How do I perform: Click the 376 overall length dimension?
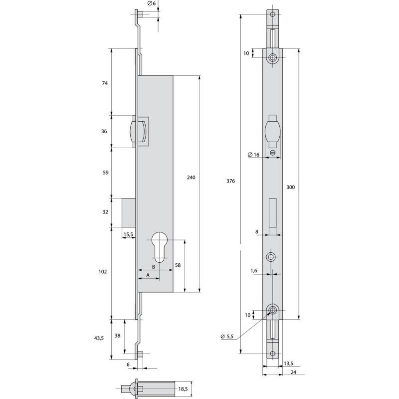tap(230, 181)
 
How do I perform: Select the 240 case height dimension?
tap(191, 177)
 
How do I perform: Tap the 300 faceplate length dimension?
tap(290, 187)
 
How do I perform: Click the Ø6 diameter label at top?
tap(151, 3)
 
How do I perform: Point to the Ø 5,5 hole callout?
tap(227, 337)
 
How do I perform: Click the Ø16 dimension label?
tap(253, 155)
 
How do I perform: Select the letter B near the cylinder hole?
tap(153, 267)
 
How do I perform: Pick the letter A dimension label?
tap(148, 275)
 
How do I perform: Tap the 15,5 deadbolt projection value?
tap(128, 235)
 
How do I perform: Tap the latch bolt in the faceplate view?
tap(273, 132)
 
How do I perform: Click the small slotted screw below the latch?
tap(273, 153)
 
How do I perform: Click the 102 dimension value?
tap(103, 272)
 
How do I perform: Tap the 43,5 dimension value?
tap(99, 338)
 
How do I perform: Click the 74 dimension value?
tap(104, 83)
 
